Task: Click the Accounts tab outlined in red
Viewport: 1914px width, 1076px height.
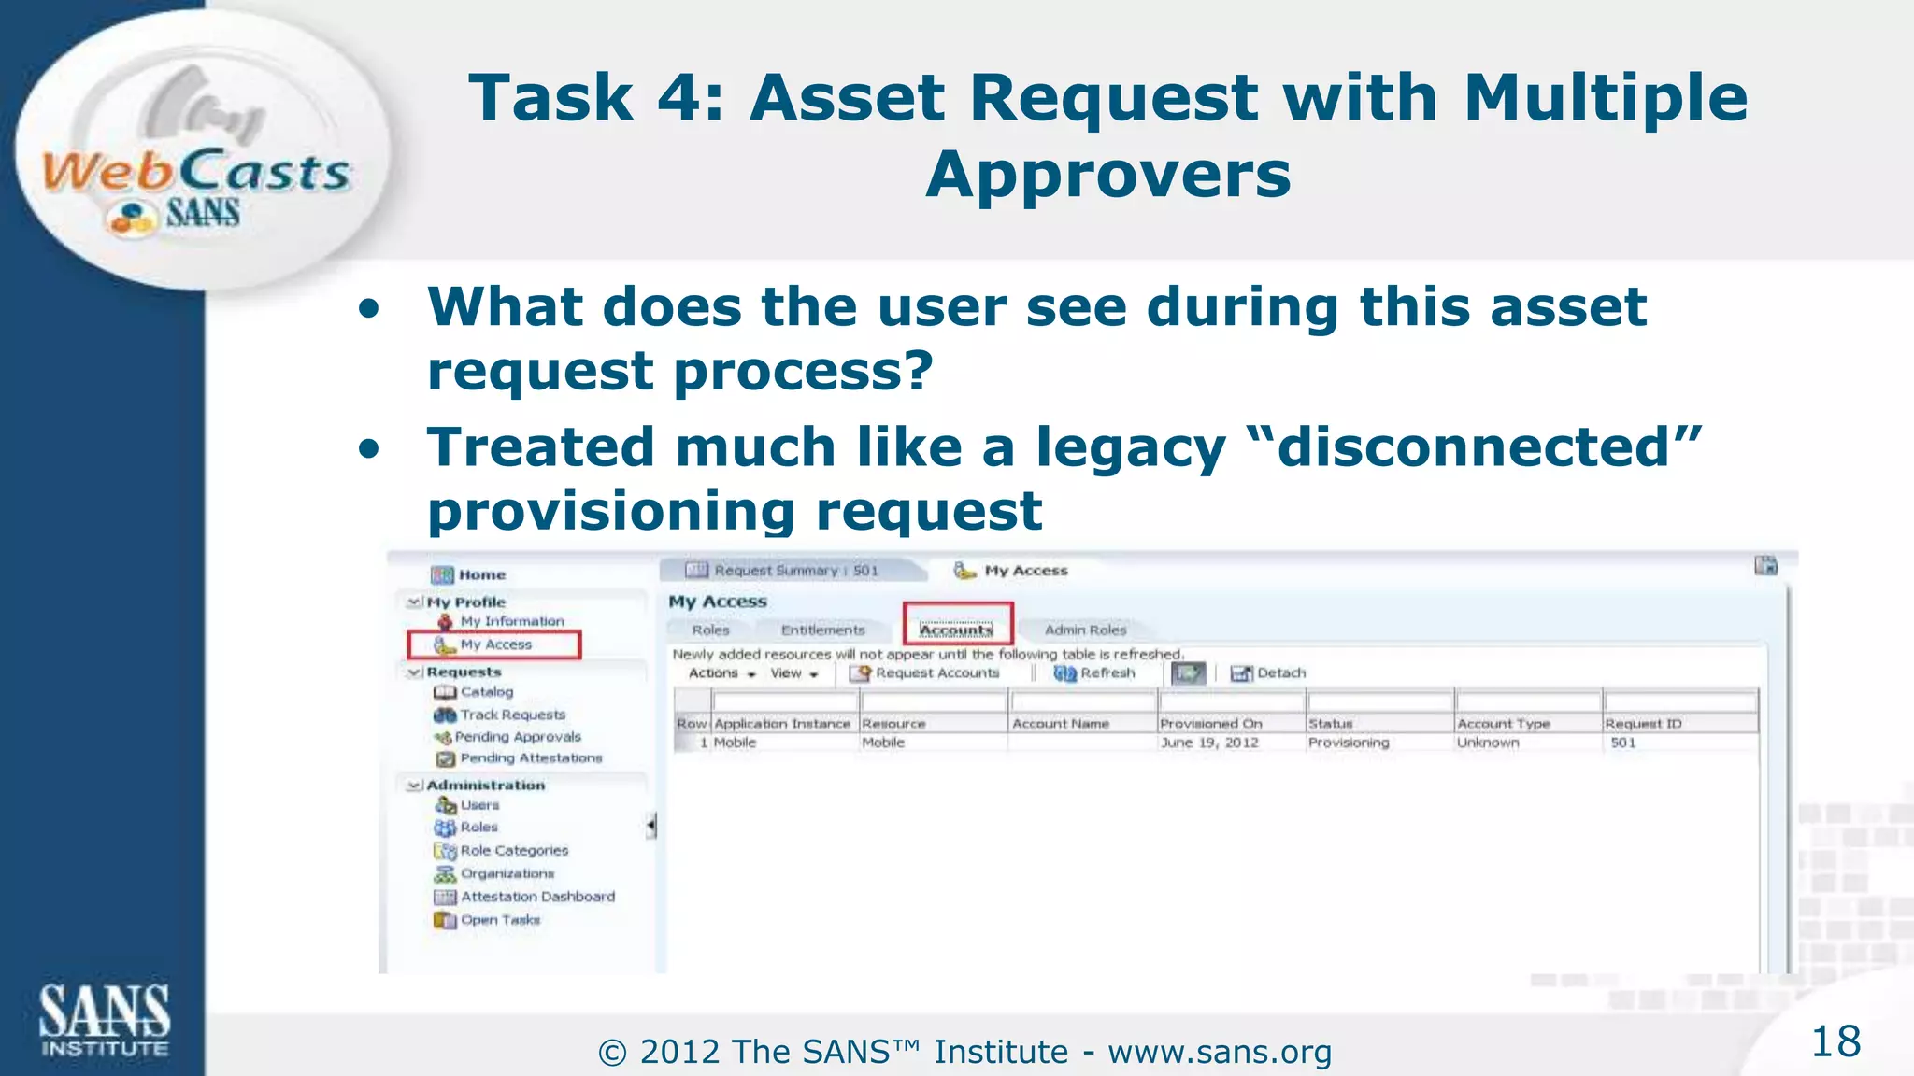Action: tap(956, 630)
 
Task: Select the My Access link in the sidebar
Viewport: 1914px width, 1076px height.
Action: tap(495, 644)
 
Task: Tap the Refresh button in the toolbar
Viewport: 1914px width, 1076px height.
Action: tap(1095, 672)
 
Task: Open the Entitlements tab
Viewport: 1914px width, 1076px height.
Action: tap(822, 630)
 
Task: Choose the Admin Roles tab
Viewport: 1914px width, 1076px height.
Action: tap(1085, 630)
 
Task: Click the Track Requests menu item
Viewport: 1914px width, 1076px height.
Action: tap(512, 715)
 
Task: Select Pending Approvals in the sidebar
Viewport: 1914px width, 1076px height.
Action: tap(518, 737)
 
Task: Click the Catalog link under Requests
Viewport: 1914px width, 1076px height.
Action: tap(486, 692)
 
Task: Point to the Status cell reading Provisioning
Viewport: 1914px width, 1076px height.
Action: tap(1349, 743)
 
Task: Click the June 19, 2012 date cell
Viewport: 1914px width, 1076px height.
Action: tap(1209, 743)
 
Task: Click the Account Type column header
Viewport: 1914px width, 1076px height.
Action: tap(1503, 724)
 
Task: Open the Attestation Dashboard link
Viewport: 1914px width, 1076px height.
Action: tap(537, 897)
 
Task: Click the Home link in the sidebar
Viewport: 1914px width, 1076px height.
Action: tap(481, 574)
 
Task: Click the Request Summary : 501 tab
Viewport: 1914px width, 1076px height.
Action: tap(795, 571)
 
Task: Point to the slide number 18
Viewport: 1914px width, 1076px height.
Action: tap(1835, 1041)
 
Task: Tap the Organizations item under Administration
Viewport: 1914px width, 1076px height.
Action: tap(507, 873)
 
